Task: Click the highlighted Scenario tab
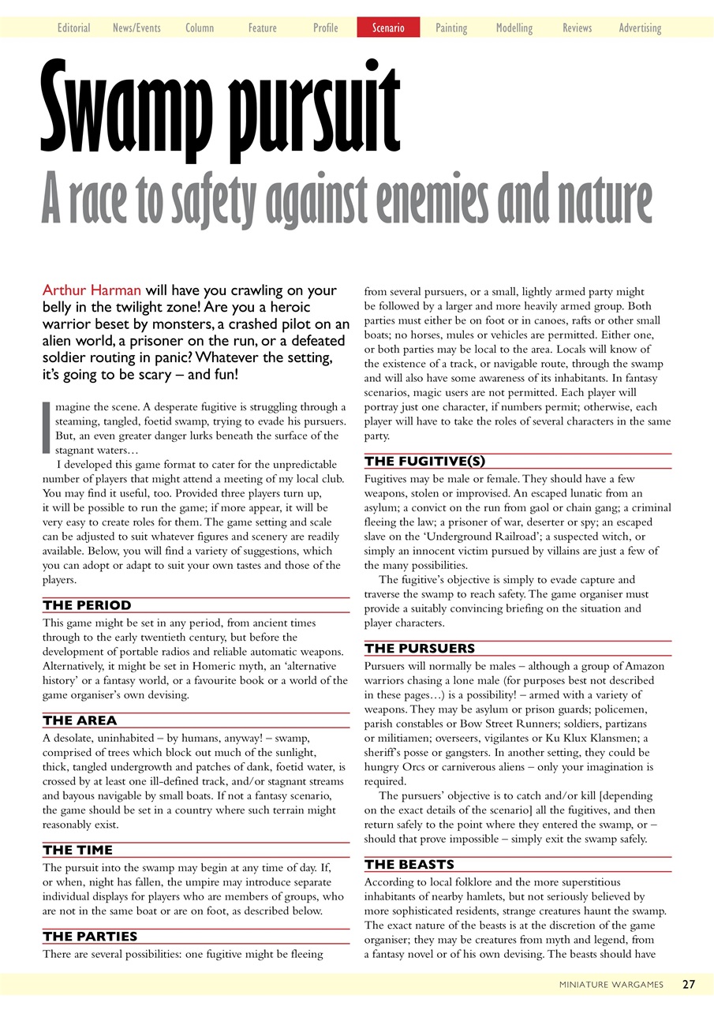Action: [388, 28]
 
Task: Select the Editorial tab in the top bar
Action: [73, 28]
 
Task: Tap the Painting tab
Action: [451, 28]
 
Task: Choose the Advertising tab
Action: [640, 28]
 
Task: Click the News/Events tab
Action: [136, 28]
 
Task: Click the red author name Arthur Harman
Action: [91, 290]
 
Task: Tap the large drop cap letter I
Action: [46, 427]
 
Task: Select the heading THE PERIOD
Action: [87, 605]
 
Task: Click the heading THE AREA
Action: [80, 720]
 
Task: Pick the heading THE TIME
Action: [78, 850]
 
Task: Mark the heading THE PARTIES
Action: [90, 936]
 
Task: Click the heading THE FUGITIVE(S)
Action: [424, 461]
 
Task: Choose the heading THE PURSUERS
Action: [419, 649]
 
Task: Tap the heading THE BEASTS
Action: [409, 864]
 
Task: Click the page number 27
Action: [689, 984]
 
